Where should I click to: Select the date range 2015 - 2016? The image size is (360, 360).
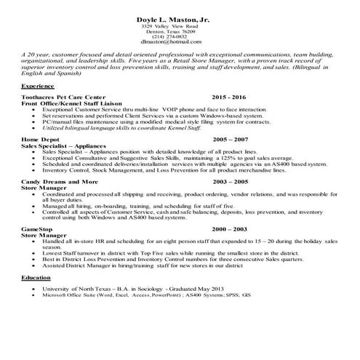click(229, 97)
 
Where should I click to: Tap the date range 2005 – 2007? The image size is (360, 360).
click(231, 138)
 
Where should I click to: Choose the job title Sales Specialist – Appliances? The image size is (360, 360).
click(64, 144)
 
